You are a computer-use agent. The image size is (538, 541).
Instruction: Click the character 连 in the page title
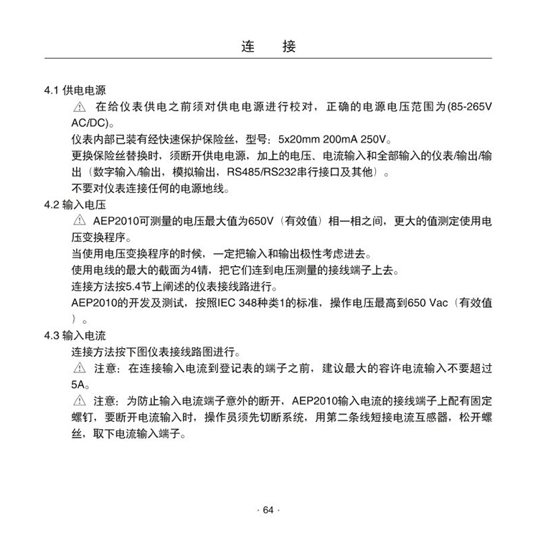click(249, 47)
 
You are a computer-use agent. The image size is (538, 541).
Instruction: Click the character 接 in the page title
click(289, 47)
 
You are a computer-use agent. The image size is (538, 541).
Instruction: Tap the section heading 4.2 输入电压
click(75, 205)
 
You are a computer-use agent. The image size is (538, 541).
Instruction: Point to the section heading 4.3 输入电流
click(75, 335)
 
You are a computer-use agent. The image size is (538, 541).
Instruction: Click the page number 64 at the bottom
click(268, 510)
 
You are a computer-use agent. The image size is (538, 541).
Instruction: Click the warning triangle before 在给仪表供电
click(79, 108)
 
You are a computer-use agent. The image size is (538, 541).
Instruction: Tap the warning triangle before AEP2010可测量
click(79, 221)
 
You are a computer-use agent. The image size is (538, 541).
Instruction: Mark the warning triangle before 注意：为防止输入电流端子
click(79, 400)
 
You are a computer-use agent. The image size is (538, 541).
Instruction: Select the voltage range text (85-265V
click(470, 108)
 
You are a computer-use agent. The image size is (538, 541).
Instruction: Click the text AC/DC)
click(89, 123)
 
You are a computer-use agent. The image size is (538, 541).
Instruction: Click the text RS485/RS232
click(260, 172)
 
